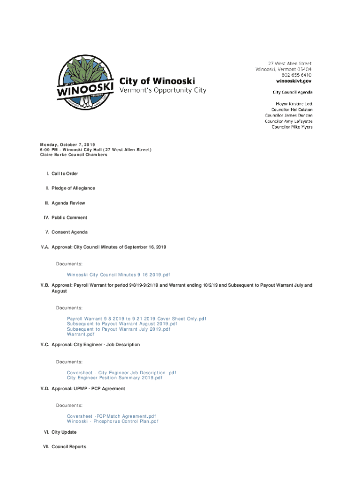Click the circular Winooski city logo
(85, 84)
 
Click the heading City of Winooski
(158, 81)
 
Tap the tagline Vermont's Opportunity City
(163, 90)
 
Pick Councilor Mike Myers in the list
(292, 127)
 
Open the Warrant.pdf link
(80, 334)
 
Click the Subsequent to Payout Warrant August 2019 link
(122, 324)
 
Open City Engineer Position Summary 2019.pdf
(115, 378)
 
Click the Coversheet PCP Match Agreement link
(111, 416)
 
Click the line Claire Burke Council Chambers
(73, 155)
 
